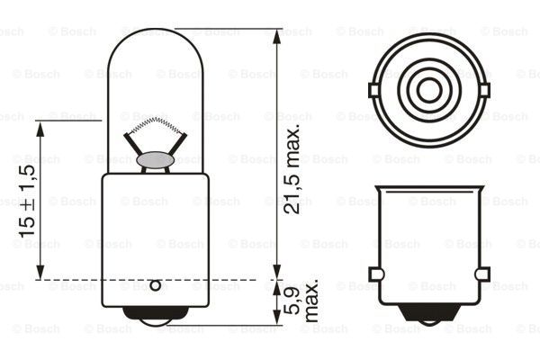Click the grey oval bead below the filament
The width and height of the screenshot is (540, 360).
[155, 160]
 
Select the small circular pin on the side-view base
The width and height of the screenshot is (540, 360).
[155, 286]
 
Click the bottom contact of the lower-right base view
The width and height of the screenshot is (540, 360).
[429, 314]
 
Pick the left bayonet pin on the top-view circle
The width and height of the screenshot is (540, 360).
[373, 89]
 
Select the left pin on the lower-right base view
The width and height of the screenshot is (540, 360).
[376, 274]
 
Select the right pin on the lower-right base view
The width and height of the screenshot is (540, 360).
[482, 274]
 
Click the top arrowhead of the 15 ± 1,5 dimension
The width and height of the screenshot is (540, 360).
[40, 128]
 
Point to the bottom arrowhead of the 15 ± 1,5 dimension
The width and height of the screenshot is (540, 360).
[40, 274]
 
